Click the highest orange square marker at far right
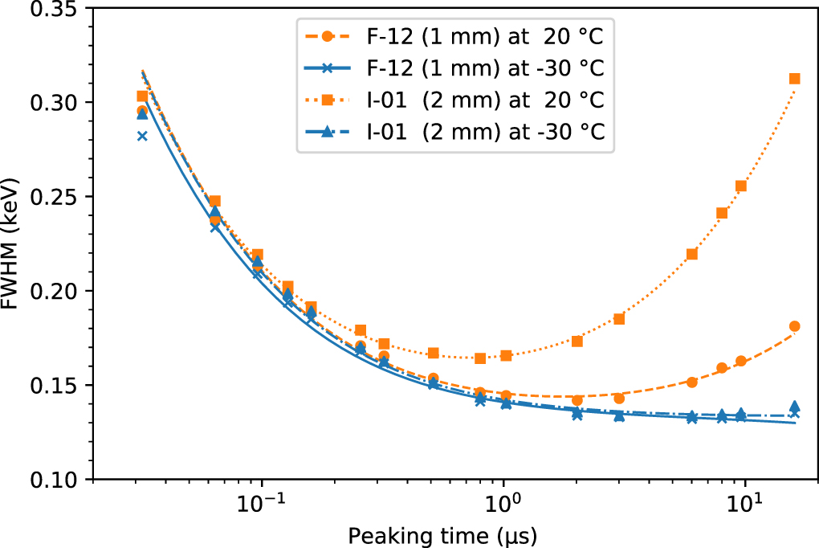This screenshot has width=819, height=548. click(x=795, y=79)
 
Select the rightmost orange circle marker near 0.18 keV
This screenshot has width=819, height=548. click(x=795, y=326)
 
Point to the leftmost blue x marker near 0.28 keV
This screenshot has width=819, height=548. click(x=142, y=136)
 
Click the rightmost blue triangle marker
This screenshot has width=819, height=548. click(x=795, y=407)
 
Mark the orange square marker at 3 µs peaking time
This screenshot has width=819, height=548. click(x=619, y=319)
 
